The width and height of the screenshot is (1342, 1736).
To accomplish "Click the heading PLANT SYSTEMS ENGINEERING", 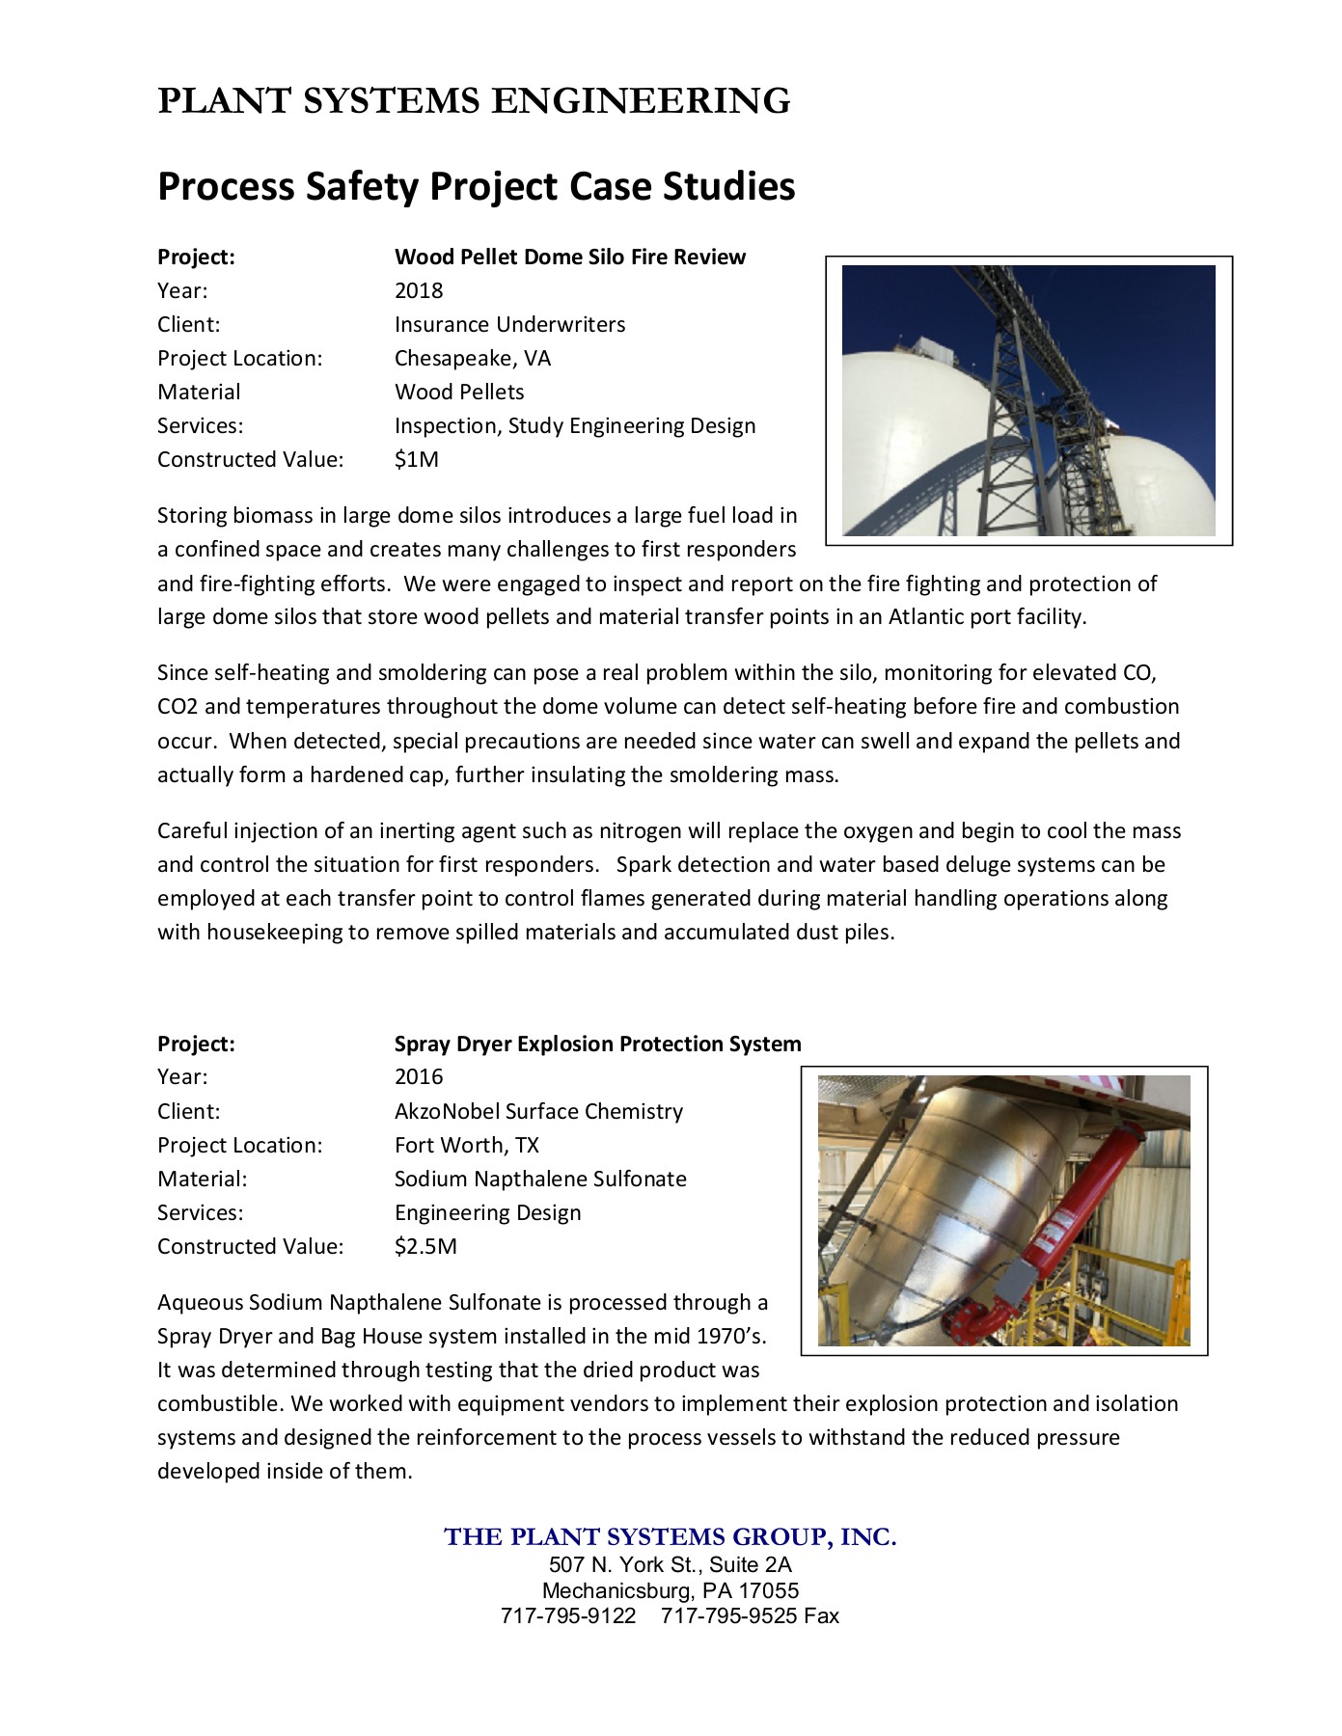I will [474, 101].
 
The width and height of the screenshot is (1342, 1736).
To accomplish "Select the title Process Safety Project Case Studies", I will [476, 186].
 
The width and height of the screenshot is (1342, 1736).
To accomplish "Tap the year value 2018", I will [419, 291].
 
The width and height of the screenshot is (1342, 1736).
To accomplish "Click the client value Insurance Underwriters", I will [509, 325].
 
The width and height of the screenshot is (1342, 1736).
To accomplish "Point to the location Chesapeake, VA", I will [472, 359].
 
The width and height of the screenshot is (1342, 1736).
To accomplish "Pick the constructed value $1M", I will [416, 460].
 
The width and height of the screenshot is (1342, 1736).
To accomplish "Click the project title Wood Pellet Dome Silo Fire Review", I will [569, 258].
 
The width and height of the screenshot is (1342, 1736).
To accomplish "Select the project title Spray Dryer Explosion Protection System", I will [597, 1044].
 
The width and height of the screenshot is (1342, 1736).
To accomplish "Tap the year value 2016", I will [419, 1077].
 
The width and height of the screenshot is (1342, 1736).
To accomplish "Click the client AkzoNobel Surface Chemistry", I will [538, 1112].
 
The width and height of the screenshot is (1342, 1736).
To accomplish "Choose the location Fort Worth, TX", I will [466, 1146].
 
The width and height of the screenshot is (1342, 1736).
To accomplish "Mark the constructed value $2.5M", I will [425, 1247].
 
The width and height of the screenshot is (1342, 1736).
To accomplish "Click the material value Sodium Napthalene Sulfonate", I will [540, 1180].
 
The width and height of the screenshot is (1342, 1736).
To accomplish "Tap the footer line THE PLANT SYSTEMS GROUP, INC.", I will [670, 1537].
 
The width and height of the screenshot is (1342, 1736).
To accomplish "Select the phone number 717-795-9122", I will [568, 1616].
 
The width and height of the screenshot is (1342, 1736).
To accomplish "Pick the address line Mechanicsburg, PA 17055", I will [670, 1590].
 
